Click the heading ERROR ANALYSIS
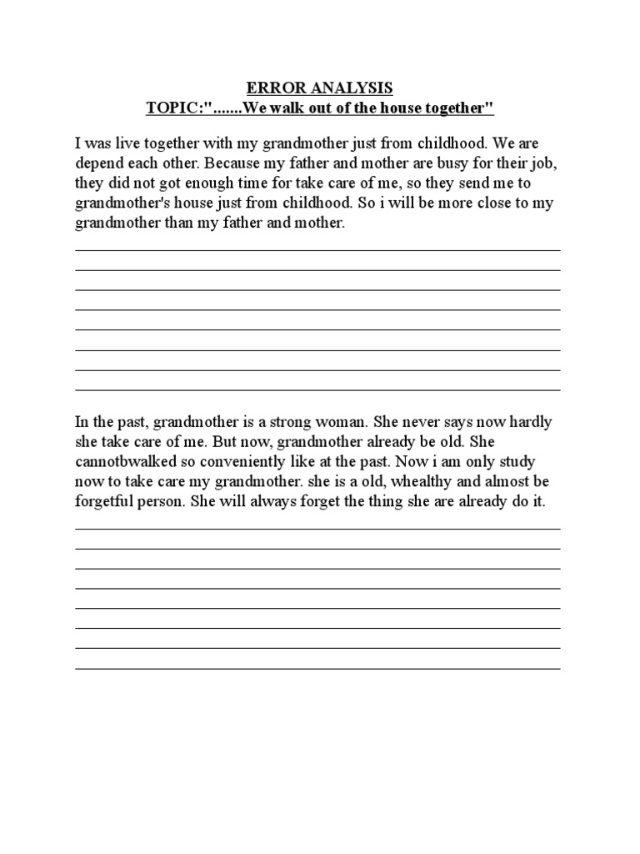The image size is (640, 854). pos(319,88)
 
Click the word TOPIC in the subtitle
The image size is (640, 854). pos(172,108)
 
